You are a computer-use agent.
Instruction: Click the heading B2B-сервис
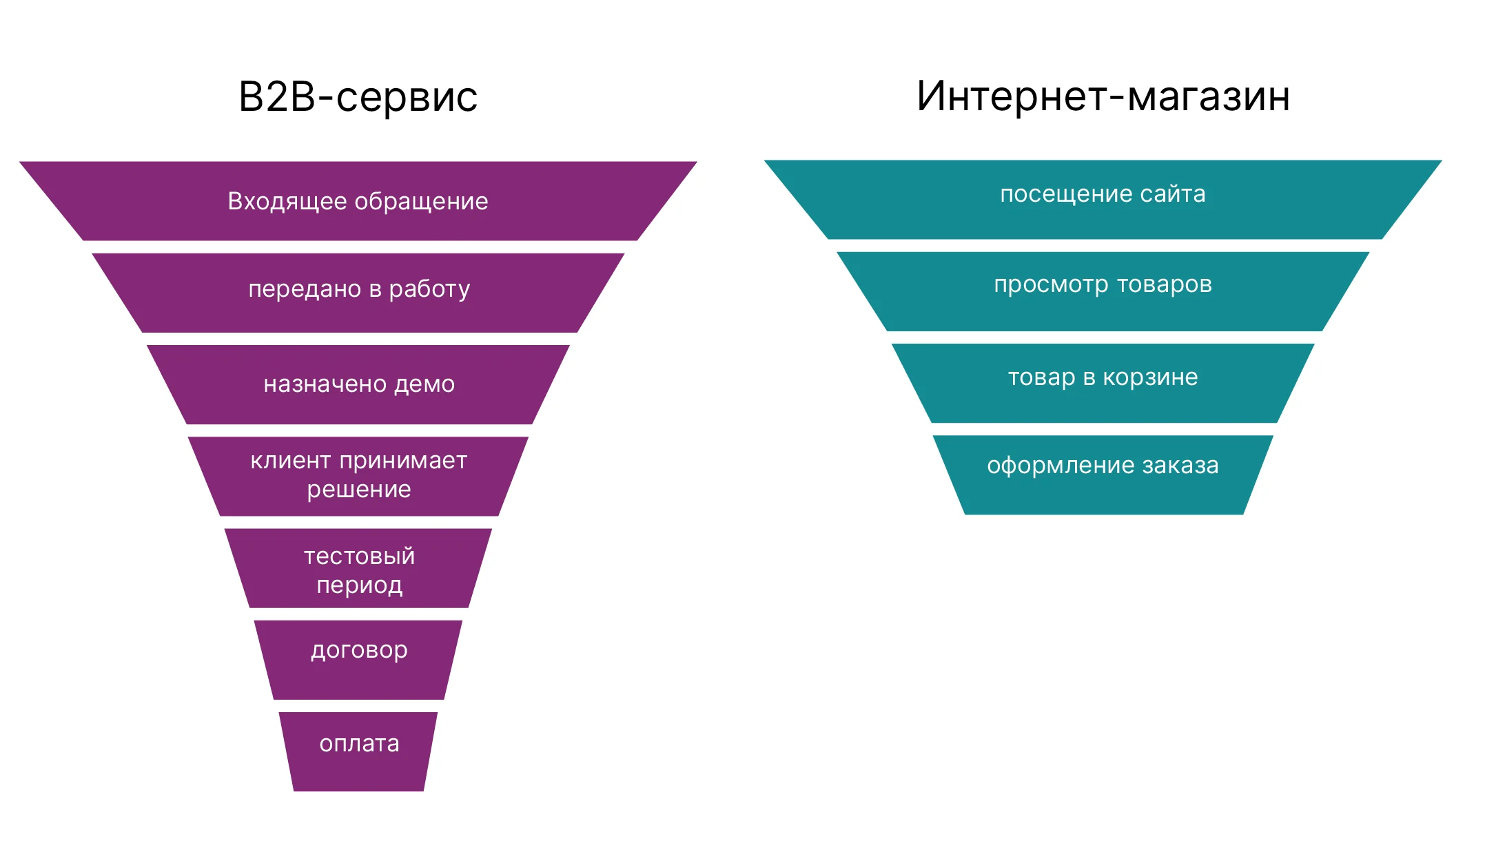tap(358, 96)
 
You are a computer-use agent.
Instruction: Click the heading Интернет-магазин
tap(1103, 96)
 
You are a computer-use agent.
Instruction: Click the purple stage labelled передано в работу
tap(358, 290)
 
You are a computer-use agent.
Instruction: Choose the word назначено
tap(325, 384)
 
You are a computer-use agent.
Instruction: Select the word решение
tap(359, 490)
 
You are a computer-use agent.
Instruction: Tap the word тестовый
tap(359, 556)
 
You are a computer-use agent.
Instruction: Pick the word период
tap(359, 585)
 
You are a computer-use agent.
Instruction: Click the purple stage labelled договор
tap(359, 651)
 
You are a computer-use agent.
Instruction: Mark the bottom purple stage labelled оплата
tap(359, 744)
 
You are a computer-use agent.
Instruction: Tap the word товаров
tap(1165, 284)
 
